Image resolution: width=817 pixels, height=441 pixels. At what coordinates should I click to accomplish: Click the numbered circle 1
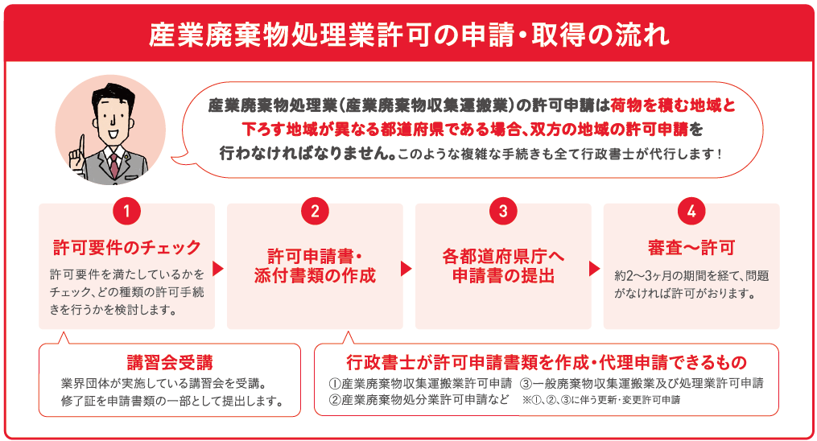click(126, 211)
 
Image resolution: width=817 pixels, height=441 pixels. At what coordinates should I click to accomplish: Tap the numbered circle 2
click(315, 211)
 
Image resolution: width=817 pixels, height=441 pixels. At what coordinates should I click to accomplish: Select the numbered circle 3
click(503, 211)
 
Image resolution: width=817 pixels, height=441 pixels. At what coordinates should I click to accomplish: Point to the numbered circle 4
click(691, 211)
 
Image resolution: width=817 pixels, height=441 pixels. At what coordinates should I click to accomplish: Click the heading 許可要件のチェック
click(126, 247)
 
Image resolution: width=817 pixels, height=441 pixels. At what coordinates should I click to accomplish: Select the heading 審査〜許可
click(691, 247)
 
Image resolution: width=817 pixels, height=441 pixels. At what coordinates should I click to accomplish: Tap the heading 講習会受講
click(170, 362)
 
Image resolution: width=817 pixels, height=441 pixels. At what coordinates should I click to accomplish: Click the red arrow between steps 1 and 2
click(218, 268)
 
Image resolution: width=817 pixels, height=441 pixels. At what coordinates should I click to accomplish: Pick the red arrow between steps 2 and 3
click(406, 268)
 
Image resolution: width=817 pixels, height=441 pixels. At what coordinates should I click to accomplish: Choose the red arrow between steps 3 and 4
click(595, 268)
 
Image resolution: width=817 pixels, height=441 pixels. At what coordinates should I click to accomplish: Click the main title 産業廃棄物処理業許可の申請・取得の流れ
click(409, 35)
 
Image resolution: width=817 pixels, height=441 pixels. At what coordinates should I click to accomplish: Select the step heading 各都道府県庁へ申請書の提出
click(503, 266)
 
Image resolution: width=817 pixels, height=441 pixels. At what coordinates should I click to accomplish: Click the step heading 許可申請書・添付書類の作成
click(315, 266)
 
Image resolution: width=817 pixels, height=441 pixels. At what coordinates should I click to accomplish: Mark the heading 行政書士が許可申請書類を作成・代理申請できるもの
click(547, 362)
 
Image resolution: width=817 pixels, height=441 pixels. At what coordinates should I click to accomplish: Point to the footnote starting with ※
click(602, 401)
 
